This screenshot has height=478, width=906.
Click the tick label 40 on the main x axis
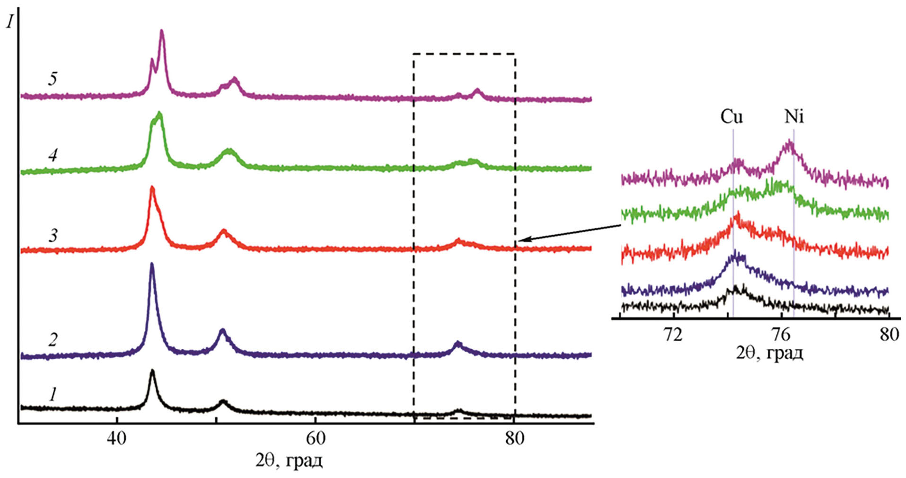click(116, 438)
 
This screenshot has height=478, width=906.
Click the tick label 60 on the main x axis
click(315, 438)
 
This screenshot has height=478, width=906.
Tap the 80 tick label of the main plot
click(514, 438)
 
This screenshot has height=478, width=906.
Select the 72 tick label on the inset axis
click(673, 335)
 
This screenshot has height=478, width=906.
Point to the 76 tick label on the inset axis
click(781, 335)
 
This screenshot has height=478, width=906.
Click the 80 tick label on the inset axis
click(888, 335)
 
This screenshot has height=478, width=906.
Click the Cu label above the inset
click(731, 116)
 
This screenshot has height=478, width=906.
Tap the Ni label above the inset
click(794, 116)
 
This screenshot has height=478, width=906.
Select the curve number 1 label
click(53, 394)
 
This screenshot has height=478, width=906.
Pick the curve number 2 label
click(53, 339)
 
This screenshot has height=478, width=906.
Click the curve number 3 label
click(53, 235)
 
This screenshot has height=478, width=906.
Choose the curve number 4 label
click(53, 155)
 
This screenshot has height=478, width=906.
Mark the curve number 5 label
click(53, 78)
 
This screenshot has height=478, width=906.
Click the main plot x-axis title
click(289, 460)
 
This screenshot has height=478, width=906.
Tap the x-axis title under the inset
click(769, 353)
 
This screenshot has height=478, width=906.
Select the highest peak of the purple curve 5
click(162, 32)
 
